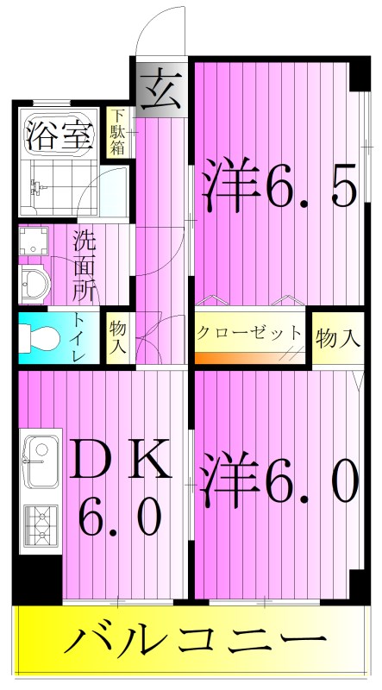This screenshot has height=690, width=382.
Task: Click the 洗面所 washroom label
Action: click(x=85, y=265)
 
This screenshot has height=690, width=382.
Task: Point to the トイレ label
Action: click(x=79, y=340)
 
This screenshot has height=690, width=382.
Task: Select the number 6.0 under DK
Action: click(x=121, y=517)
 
